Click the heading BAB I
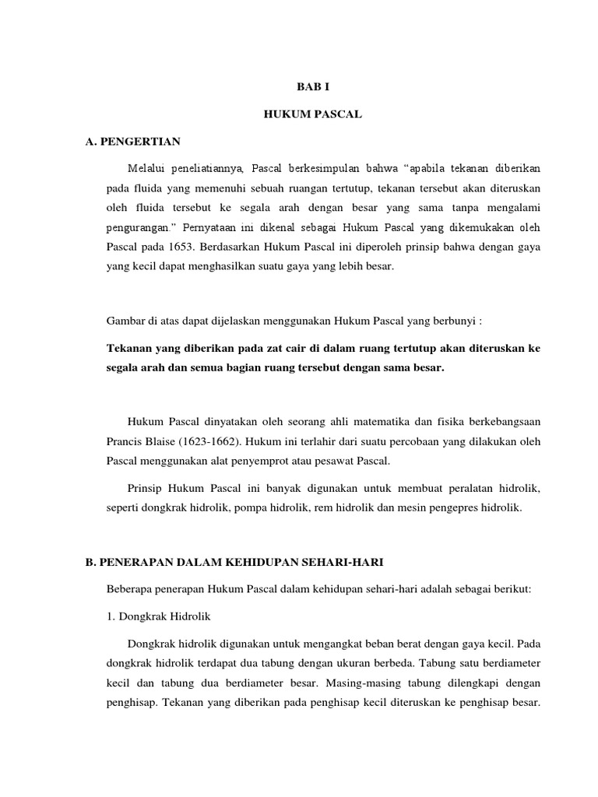pyautogui.click(x=299, y=89)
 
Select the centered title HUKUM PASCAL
pyautogui.click(x=299, y=115)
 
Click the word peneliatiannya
pyautogui.click(x=210, y=169)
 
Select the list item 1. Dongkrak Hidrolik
pyautogui.click(x=159, y=616)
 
